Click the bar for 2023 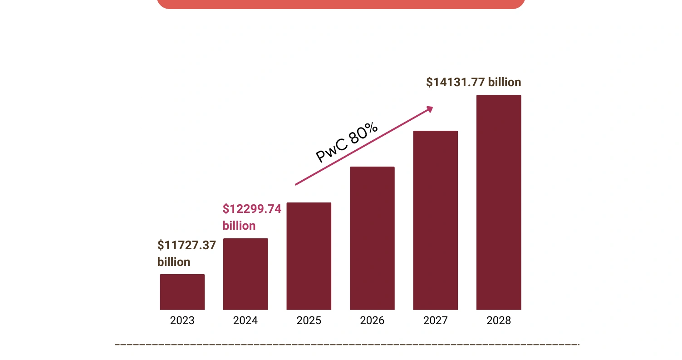182,292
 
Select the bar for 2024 245,274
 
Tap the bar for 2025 309,256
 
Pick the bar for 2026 372,238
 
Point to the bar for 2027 436,220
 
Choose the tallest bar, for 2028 499,202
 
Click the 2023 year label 182,321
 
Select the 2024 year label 245,321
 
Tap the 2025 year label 309,321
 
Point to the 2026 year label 372,321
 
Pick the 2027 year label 436,321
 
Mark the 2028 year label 499,321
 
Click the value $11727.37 186,245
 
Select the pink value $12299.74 252,209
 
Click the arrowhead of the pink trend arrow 430,109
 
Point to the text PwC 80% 347,143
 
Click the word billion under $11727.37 174,262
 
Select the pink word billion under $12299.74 239,226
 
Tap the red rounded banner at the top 341,4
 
